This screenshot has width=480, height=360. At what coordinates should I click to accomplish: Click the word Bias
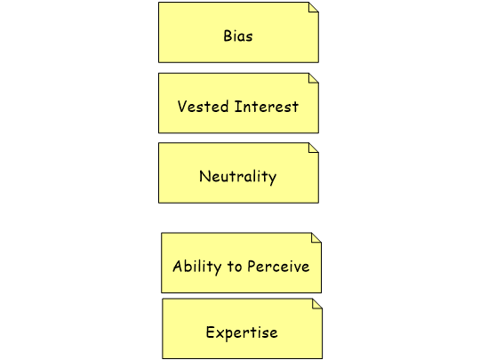[238, 36]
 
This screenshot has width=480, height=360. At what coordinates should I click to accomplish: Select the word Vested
[203, 107]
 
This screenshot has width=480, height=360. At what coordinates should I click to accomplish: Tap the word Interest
[267, 107]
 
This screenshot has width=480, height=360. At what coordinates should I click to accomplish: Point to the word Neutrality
[238, 177]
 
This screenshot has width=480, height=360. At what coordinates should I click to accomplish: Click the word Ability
[196, 267]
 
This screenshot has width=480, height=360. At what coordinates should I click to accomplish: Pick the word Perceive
[278, 266]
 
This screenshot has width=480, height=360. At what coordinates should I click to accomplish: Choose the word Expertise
[242, 332]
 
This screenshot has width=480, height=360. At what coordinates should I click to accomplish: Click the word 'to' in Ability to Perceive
[235, 267]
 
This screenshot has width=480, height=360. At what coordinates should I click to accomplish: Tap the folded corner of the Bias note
[314, 7]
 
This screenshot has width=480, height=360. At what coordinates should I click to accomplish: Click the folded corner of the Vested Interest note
[314, 78]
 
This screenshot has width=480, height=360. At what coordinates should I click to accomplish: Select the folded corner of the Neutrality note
[314, 148]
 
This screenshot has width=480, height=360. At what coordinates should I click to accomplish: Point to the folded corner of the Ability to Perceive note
[316, 237]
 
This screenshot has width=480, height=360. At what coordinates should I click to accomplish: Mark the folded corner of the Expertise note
[317, 304]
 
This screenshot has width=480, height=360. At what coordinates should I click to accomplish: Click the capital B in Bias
[228, 36]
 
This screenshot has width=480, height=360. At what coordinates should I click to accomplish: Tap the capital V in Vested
[182, 107]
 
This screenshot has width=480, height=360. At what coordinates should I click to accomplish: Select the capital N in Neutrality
[204, 177]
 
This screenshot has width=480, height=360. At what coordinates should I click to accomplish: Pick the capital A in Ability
[178, 266]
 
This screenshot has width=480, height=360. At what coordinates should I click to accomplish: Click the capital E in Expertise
[211, 332]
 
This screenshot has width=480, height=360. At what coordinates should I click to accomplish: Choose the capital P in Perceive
[252, 266]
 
